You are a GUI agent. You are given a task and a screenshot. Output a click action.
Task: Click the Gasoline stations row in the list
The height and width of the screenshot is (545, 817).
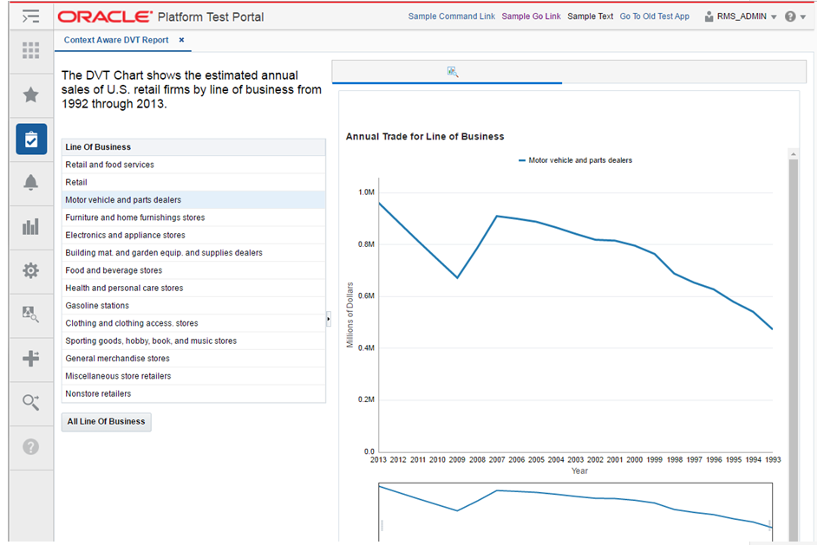97,306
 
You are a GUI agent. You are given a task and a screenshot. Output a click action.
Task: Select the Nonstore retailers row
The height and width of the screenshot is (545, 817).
98,394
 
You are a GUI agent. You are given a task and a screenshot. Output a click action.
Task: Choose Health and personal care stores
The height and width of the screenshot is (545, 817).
124,288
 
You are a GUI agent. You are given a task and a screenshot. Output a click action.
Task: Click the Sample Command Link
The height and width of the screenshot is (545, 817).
451,16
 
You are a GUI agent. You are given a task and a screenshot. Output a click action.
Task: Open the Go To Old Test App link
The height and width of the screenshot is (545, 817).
654,16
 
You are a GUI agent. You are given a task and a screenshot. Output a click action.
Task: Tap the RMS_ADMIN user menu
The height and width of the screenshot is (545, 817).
741,16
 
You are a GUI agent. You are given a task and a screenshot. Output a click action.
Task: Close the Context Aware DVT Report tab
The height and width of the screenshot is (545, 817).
181,41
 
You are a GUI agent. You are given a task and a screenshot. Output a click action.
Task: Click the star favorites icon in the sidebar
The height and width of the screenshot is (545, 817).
31,94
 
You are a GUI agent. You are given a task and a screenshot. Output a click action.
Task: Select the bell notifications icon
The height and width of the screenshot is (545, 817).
31,182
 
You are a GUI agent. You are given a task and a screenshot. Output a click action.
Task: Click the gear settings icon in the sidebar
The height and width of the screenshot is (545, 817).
31,270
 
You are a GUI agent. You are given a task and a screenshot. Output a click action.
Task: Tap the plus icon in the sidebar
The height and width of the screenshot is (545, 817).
31,358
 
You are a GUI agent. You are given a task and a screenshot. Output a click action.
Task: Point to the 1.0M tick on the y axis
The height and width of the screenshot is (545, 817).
365,192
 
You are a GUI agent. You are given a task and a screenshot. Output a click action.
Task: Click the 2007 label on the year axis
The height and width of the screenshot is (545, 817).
497,460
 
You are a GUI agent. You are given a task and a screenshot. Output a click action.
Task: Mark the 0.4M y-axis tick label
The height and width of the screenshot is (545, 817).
365,348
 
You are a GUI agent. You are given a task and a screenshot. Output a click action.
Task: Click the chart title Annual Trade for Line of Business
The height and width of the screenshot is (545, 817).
425,137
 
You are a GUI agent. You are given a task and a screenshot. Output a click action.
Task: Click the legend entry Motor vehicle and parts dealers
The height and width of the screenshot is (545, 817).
579,160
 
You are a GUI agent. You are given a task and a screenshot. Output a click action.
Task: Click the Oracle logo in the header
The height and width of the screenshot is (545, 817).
105,16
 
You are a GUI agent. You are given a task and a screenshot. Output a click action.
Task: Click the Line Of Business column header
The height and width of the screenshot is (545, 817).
98,147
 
